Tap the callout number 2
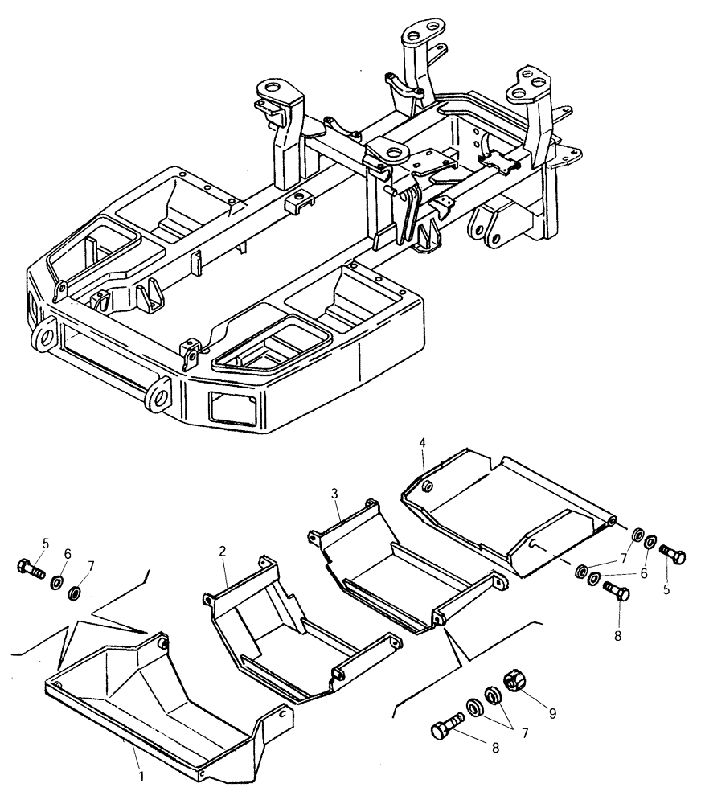tap(222, 551)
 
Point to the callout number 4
tap(421, 443)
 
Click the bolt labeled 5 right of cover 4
tap(672, 554)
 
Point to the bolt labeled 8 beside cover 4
tap(617, 593)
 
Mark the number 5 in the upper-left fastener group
tap(46, 544)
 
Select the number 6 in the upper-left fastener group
tap(68, 554)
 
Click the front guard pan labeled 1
tap(161, 708)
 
